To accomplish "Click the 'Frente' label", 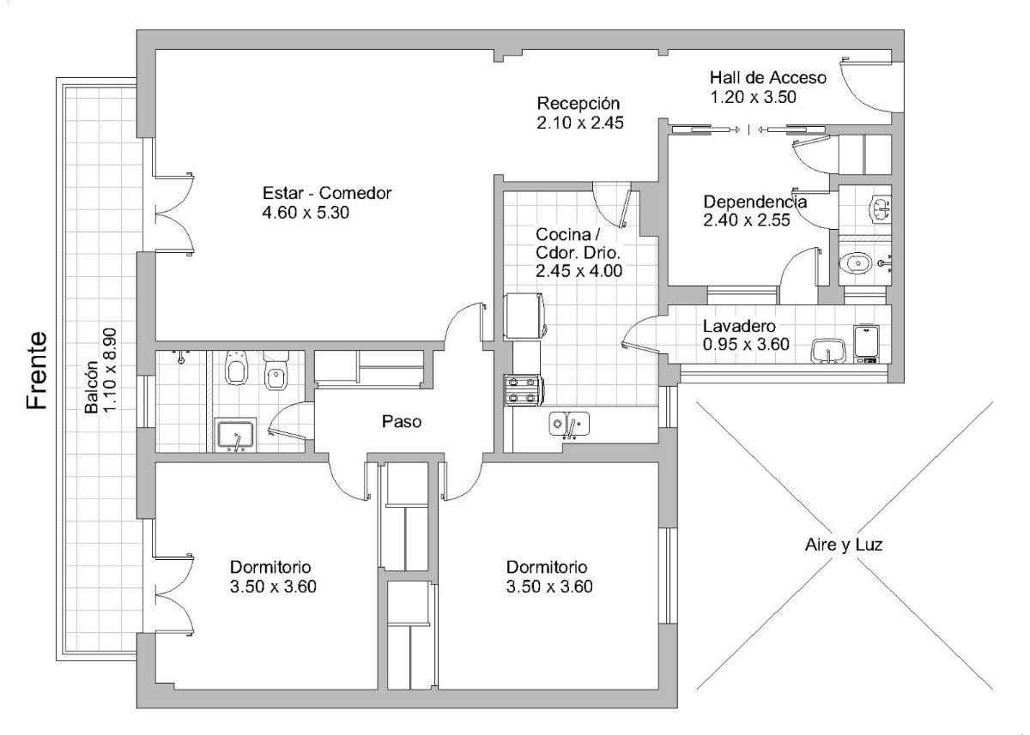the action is coord(37,371).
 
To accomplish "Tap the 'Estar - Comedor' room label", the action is coord(327,193).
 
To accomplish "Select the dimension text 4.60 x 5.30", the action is coord(306,213).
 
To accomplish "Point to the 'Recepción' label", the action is coord(579,104).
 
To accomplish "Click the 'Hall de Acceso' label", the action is coord(768,78).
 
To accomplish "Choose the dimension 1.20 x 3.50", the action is coord(754,98).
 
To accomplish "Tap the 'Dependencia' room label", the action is coord(755,202).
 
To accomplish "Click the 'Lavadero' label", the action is coord(739,326).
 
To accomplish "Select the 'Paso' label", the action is coord(402,422).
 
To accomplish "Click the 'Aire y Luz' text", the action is coord(844,545).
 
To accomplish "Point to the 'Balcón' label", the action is coord(92,388).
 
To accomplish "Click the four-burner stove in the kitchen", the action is coord(524,390).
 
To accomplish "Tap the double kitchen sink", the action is coord(569,424).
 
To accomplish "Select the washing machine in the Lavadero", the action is coord(866,344).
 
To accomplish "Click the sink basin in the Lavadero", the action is coord(828,352).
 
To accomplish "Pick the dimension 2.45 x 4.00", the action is coord(579,271).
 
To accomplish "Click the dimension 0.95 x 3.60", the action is coord(746,344).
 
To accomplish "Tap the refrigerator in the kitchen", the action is coord(525,316).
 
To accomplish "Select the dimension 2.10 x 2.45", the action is coord(580,124).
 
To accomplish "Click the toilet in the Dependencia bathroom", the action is coord(857,263).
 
